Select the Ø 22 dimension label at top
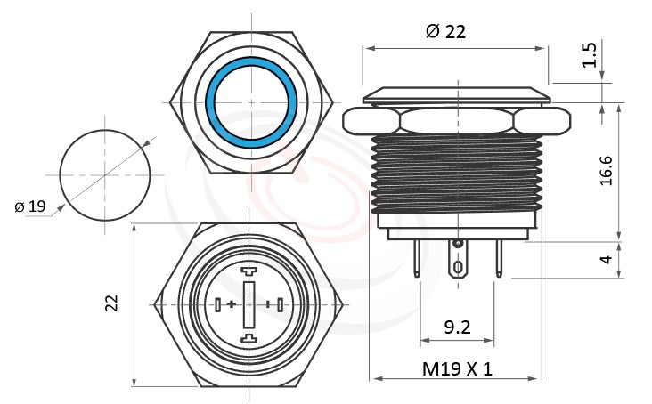(x=445, y=31)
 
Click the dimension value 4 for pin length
(x=607, y=259)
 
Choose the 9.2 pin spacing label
(x=458, y=327)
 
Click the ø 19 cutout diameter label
(x=30, y=206)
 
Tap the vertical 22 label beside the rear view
(x=112, y=303)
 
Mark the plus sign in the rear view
(x=232, y=304)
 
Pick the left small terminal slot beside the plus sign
(x=218, y=304)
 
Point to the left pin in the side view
(x=418, y=259)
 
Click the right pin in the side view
(x=499, y=259)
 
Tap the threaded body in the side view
(x=458, y=174)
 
